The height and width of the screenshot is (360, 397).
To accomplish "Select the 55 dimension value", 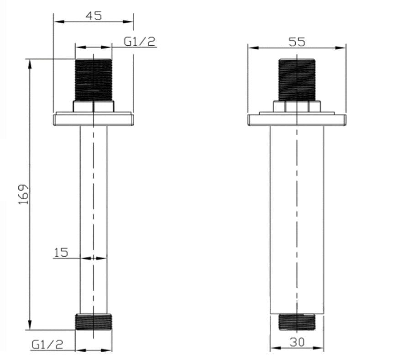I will [297, 42].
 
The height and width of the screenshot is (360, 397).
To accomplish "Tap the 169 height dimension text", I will [24, 194].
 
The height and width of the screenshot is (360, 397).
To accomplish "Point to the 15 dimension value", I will [61, 252].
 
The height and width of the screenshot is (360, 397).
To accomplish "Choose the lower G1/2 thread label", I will [47, 344].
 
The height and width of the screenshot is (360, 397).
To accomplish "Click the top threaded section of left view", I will [94, 79].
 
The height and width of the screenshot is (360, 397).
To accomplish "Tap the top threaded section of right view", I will [297, 79].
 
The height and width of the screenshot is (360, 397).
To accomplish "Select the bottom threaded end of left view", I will [94, 322].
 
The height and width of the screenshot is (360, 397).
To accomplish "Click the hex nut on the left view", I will [94, 106].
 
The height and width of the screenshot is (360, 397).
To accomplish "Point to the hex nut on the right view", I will [297, 106].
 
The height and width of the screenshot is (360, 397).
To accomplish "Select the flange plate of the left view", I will [94, 120].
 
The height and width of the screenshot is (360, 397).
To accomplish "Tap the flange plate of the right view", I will [297, 120].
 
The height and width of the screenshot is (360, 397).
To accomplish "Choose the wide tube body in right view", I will [297, 219].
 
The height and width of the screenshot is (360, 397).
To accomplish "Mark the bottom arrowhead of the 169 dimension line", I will [31, 325].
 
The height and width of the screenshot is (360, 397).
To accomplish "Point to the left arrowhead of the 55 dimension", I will [251, 47].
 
